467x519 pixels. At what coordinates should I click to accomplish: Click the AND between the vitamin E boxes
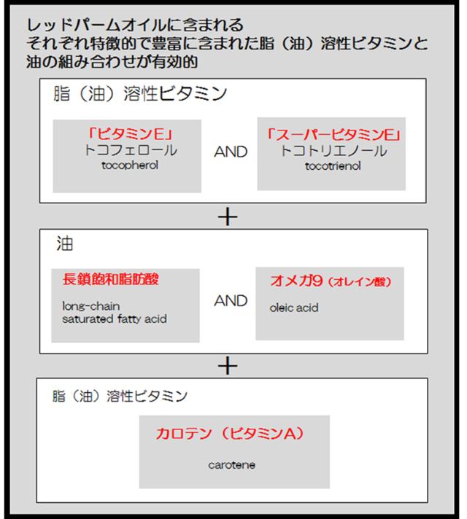(x=231, y=152)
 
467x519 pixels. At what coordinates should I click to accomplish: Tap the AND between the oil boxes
(x=231, y=301)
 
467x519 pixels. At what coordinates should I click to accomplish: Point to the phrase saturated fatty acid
(x=109, y=319)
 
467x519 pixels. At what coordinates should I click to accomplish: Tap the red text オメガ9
(x=293, y=281)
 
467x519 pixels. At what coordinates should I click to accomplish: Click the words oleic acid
(x=294, y=308)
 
